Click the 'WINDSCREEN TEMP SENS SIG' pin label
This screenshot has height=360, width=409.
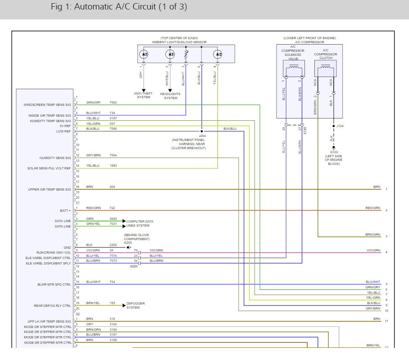tap(47, 105)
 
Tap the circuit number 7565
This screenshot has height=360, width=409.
tap(114, 103)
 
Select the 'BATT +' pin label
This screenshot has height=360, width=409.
tap(64, 210)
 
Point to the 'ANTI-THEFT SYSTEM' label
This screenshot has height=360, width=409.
tap(144, 96)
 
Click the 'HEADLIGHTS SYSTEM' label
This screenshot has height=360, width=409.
tap(171, 96)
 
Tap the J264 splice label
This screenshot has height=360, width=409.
tap(202, 136)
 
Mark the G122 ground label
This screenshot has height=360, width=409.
tap(333, 152)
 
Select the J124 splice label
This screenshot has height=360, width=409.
tap(340, 126)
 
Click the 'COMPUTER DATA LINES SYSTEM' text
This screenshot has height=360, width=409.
tap(140, 223)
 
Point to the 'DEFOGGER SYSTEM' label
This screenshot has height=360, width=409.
tap(136, 305)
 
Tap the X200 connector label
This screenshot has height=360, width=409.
tap(133, 266)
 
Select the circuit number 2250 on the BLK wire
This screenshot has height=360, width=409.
tap(114, 245)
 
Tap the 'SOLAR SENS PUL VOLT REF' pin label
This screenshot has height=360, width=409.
tap(49, 168)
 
